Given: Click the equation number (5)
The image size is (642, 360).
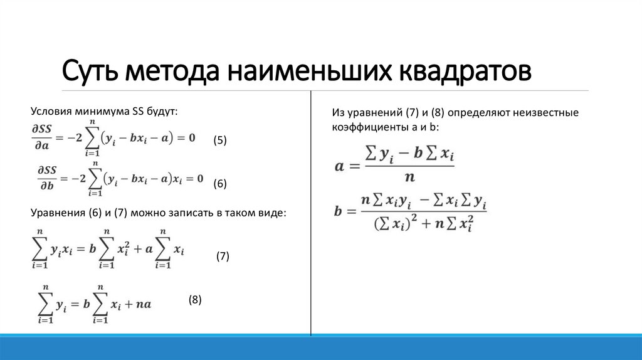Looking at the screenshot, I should (219, 140).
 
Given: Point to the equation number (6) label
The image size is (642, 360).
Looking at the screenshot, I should (219, 183).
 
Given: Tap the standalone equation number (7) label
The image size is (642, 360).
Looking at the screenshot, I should (223, 256).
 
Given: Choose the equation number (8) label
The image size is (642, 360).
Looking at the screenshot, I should (195, 300).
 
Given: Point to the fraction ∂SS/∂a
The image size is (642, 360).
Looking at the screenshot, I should (44, 137).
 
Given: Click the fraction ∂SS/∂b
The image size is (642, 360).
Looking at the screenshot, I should (44, 179).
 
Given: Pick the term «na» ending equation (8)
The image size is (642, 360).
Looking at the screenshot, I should (143, 305).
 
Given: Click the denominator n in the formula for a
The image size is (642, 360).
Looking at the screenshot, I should (409, 177).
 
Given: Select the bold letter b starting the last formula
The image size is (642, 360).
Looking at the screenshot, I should (339, 211).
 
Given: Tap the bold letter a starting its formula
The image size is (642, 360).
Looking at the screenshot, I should (340, 167).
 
